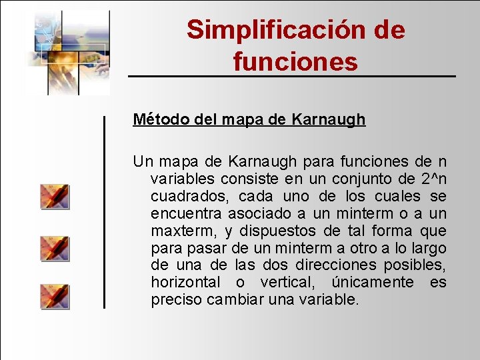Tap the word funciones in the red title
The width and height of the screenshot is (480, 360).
[x=295, y=61]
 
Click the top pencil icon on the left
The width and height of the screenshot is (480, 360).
[x=55, y=197]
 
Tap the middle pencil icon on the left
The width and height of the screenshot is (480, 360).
[x=55, y=248]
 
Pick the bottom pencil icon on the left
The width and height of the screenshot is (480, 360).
[x=55, y=296]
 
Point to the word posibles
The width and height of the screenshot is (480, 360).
[x=421, y=265]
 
